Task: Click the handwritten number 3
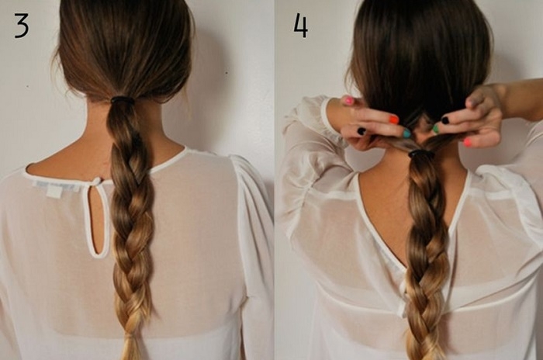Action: tap(21, 25)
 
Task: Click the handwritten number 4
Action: tap(300, 26)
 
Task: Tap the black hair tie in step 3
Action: tap(123, 99)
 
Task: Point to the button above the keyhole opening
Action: tap(99, 181)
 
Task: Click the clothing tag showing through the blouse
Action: tap(54, 191)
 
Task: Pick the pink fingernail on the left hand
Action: tap(348, 101)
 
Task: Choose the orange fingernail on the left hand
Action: tap(393, 120)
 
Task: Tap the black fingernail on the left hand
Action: tap(361, 131)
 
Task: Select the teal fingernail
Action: tap(406, 133)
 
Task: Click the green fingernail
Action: tap(436, 130)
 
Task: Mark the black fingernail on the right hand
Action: tap(445, 120)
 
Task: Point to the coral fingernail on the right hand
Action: tap(469, 142)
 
